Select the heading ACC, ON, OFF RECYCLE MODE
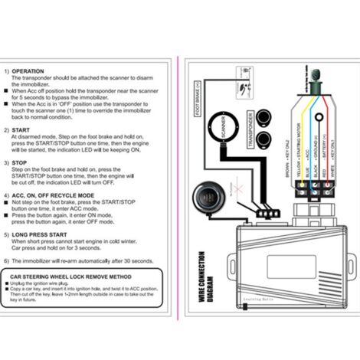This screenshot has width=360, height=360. [x=56, y=195]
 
